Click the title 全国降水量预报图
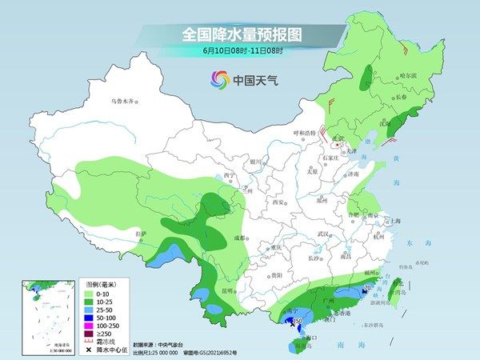[x=239, y=35]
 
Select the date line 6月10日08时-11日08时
[x=239, y=53]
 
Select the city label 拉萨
[x=142, y=234]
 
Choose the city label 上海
[x=393, y=220]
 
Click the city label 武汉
[x=323, y=234]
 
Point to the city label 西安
[x=279, y=202]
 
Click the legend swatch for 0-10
[x=92, y=293]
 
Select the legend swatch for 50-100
[x=92, y=315]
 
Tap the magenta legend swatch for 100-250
[x=92, y=322]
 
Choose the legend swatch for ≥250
[x=92, y=330]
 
